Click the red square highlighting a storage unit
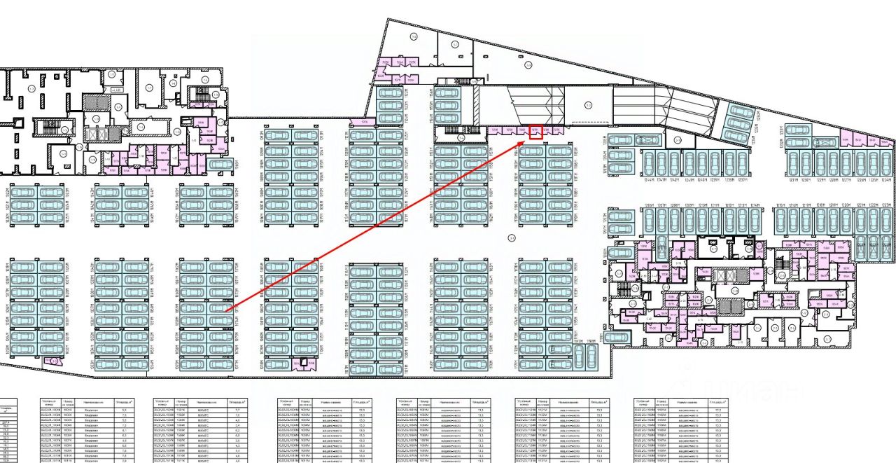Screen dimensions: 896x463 coord(535,131)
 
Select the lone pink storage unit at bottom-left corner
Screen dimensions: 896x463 coord(52,361)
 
